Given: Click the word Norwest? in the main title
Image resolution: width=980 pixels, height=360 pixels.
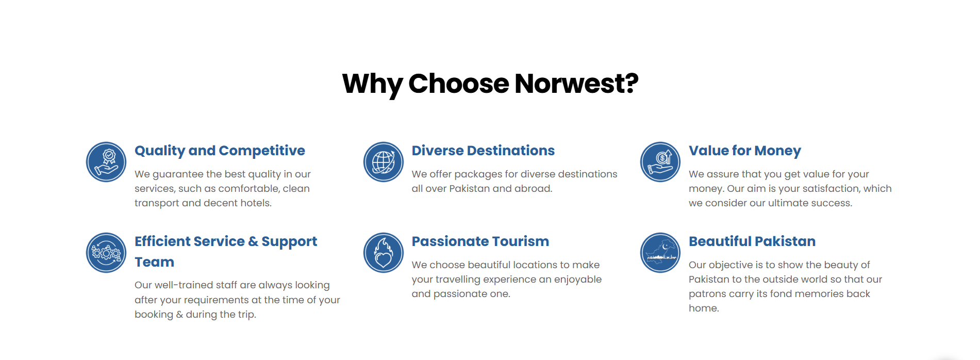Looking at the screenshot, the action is click(576, 84).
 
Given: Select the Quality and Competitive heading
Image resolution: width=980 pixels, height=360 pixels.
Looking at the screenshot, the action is click(220, 151).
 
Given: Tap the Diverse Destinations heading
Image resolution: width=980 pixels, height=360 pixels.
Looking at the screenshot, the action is click(483, 151).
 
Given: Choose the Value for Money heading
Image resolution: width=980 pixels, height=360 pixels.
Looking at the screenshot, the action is click(745, 151).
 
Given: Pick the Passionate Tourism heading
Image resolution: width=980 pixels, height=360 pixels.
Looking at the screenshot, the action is click(480, 241).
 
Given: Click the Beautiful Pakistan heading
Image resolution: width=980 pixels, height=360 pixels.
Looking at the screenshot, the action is click(752, 241).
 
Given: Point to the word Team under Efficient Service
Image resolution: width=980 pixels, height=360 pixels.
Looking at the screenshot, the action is click(155, 262).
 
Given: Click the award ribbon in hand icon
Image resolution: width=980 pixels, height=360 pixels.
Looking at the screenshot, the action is click(106, 162).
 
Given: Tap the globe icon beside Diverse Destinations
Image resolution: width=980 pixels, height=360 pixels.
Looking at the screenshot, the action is click(384, 162).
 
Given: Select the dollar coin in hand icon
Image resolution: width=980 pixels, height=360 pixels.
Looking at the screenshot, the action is click(660, 162).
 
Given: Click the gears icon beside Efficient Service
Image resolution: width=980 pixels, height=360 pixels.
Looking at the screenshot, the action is click(106, 253).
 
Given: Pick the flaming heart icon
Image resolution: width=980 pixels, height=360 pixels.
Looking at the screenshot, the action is click(384, 253).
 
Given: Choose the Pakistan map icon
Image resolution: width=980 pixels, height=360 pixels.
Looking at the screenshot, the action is click(660, 253).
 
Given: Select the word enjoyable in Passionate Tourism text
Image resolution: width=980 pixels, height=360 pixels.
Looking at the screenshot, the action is click(578, 280).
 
